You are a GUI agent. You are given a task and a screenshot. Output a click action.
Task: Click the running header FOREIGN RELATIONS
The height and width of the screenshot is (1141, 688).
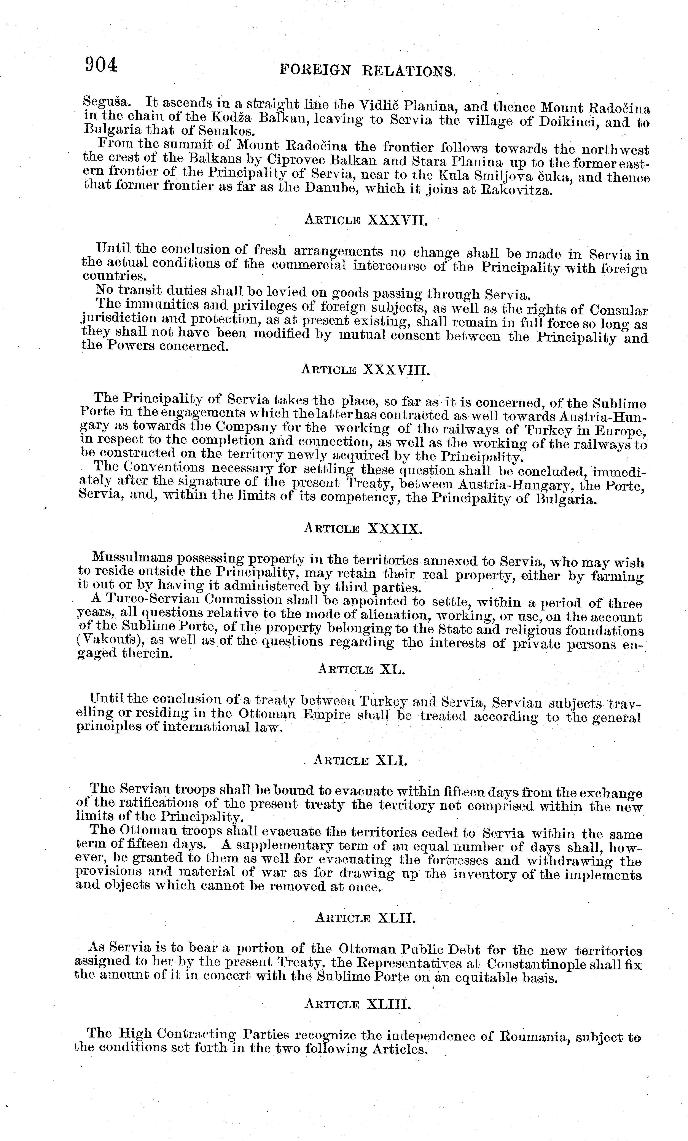(x=368, y=70)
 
